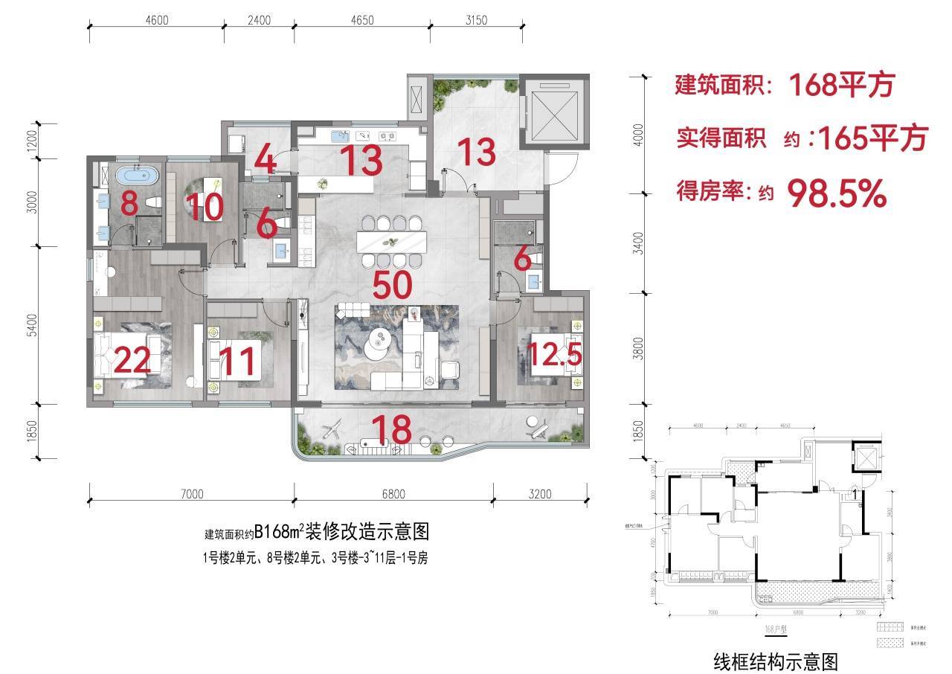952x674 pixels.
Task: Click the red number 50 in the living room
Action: click(393, 286)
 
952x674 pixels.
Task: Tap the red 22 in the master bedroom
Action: click(134, 362)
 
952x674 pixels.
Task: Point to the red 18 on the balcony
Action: click(391, 430)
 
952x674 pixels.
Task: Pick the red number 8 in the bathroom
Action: click(129, 203)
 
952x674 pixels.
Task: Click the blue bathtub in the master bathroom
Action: click(138, 177)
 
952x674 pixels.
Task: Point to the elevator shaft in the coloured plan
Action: click(553, 112)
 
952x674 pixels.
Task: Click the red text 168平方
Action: click(840, 86)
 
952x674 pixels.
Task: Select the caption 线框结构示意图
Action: click(776, 661)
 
